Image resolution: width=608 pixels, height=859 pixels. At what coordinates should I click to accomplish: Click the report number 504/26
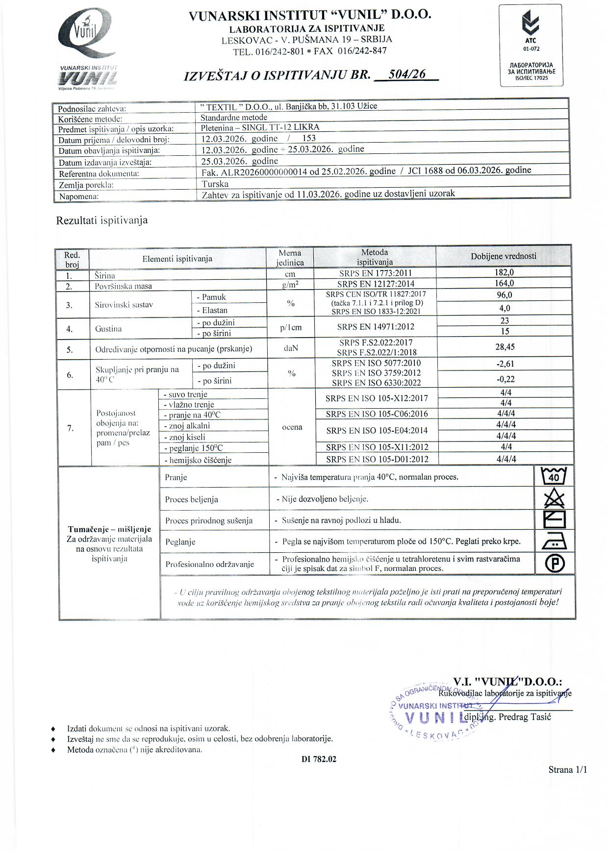pos(406,74)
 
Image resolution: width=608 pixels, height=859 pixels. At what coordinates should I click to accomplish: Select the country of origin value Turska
pos(215,184)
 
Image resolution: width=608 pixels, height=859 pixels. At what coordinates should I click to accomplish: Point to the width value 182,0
pos(504,272)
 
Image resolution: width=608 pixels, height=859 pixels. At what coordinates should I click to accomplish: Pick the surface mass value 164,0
pos(504,283)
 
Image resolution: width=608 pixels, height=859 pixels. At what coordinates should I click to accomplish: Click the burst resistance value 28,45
pos(505,347)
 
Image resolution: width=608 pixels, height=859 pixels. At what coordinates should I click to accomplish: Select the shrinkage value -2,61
pos(505,364)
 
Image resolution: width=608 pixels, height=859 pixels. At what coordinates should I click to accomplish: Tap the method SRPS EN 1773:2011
pos(376,273)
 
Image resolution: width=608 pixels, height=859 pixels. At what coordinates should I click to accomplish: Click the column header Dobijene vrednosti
pos(504,256)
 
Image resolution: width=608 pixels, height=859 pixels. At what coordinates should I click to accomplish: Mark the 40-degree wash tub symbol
pos(554,476)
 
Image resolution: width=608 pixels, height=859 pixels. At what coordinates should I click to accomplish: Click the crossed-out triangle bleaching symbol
pos(555,498)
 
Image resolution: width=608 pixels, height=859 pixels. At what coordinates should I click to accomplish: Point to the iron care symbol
pos(555,541)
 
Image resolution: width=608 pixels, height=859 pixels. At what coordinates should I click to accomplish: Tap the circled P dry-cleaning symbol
pos(555,564)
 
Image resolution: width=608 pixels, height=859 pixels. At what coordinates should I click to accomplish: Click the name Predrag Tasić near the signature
pos(525,717)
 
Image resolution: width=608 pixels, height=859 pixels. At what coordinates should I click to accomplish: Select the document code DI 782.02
pos(319,760)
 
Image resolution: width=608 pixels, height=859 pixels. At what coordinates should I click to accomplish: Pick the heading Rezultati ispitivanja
pos(102,221)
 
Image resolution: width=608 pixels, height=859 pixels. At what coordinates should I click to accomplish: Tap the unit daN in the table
pos(291,348)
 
